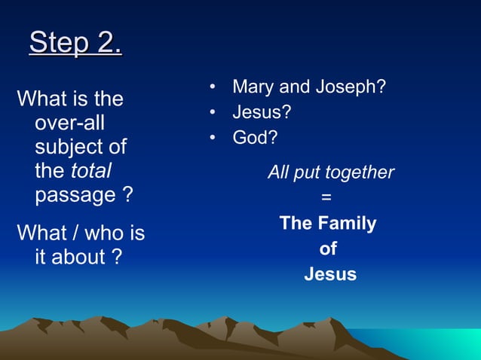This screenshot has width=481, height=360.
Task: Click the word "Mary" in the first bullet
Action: tap(252, 87)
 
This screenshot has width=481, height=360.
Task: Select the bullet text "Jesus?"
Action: tap(262, 113)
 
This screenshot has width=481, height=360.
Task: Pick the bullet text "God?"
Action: tap(255, 139)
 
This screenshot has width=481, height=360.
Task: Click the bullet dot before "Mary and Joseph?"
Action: tap(214, 88)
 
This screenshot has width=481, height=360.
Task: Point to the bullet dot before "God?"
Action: tap(214, 139)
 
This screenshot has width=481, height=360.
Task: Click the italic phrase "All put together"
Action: tap(330, 172)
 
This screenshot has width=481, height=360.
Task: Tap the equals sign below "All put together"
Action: tap(326, 197)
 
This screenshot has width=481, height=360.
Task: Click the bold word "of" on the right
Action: tap(328, 249)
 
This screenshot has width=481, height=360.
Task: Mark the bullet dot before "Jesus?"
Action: tap(214, 114)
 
